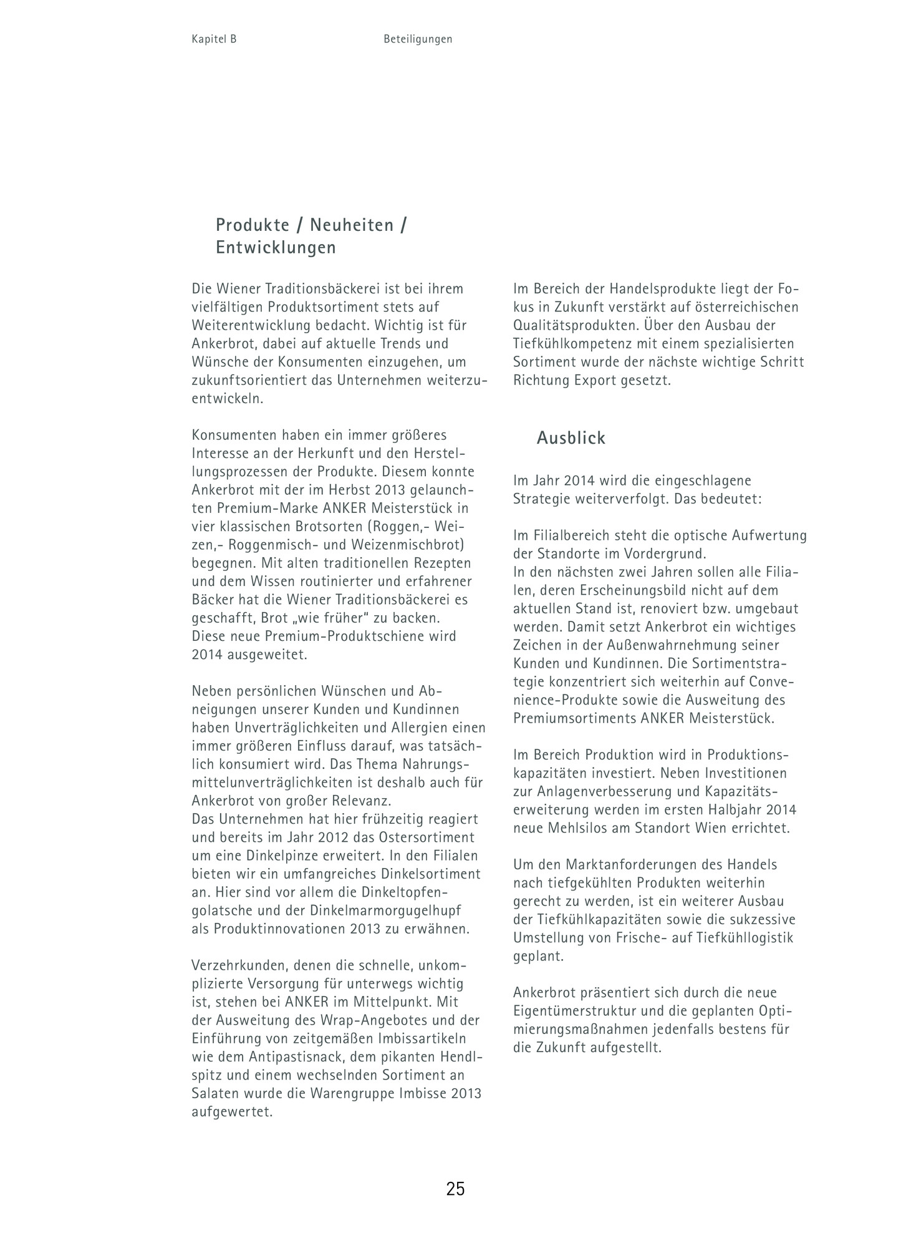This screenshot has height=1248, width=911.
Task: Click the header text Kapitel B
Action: (214, 39)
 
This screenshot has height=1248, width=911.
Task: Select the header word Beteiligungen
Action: (418, 39)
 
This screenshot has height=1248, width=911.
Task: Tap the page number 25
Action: (455, 1189)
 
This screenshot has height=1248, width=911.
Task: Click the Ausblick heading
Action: (571, 438)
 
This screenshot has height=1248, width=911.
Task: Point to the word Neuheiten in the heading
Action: (352, 225)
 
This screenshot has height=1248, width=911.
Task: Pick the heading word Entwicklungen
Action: (276, 248)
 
